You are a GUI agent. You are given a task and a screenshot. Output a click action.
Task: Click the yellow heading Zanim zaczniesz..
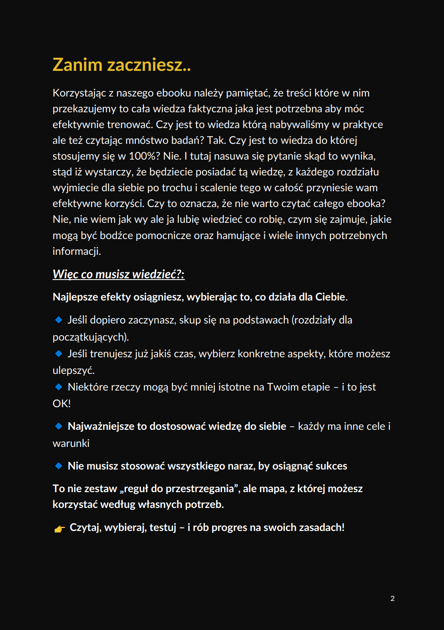[x=122, y=65]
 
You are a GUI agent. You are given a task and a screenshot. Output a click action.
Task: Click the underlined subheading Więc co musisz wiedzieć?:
[x=118, y=274]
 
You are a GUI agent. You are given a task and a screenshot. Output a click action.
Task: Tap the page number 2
[x=392, y=598]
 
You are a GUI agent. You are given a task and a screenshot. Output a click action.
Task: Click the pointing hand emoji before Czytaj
[x=59, y=529]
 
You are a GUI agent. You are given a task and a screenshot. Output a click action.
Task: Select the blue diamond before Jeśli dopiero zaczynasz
[x=59, y=320]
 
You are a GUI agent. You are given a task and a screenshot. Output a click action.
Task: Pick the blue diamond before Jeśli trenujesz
[x=59, y=353]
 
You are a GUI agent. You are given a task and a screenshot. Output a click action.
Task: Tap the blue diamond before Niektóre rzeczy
[x=59, y=387]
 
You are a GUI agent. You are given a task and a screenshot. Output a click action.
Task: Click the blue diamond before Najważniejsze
[x=59, y=426]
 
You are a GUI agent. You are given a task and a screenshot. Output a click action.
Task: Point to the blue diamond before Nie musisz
[x=59, y=466]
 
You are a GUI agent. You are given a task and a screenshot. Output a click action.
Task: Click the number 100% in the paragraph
[x=145, y=156]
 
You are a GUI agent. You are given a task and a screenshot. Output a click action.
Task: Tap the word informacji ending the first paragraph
[x=76, y=251]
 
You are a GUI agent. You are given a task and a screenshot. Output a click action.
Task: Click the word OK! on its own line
[x=61, y=404]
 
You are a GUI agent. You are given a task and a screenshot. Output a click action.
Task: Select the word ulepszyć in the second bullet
[x=73, y=370]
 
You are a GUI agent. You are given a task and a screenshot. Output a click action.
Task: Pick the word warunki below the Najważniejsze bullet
[x=71, y=443]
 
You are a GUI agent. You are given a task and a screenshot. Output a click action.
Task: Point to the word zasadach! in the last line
[x=321, y=528]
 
